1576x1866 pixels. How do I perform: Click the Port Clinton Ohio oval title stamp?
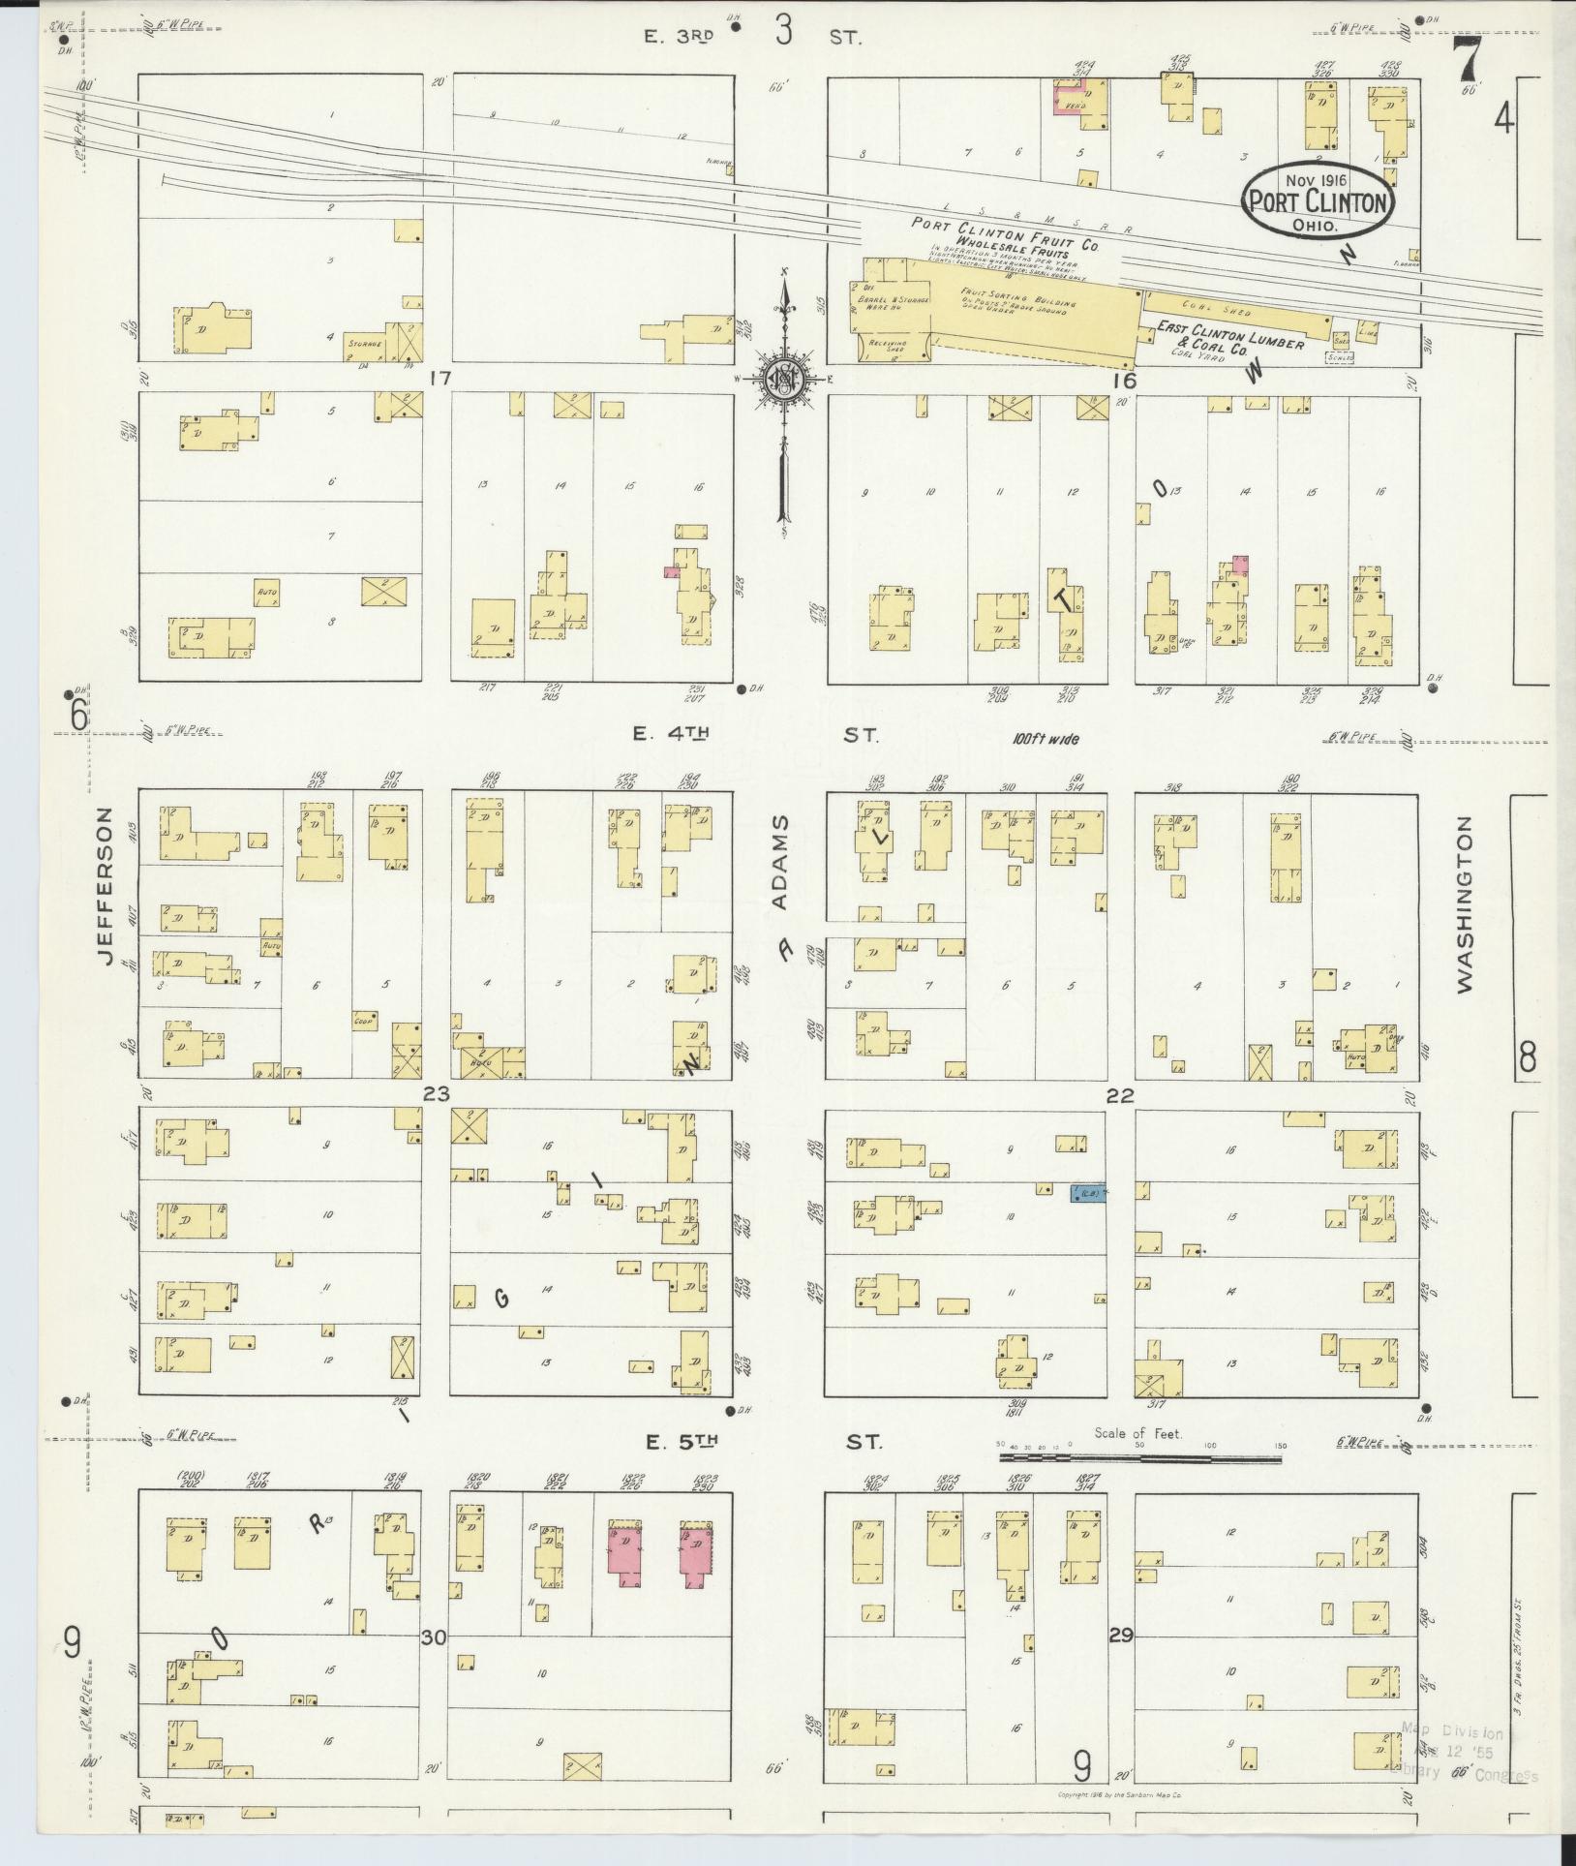[1320, 201]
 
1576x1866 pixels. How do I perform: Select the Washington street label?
[1463, 904]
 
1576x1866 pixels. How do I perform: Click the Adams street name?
[780, 863]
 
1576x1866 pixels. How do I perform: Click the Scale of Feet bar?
[1140, 1454]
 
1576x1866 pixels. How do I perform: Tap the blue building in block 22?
[1087, 1193]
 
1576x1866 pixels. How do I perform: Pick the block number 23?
[437, 1094]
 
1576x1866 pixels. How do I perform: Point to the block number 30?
[433, 1637]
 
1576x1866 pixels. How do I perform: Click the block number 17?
[440, 379]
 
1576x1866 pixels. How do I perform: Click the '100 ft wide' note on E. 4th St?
[1046, 738]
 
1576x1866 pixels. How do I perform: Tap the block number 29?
[1120, 1636]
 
